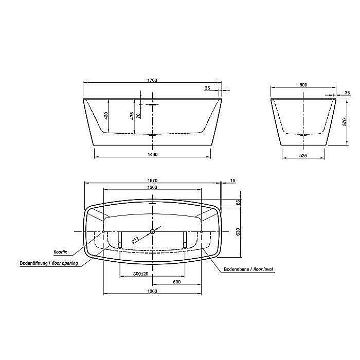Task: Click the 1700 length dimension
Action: [x=152, y=80]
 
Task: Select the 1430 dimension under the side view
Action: [x=152, y=155]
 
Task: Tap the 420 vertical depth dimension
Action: [x=106, y=116]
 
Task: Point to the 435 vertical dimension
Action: [x=132, y=115]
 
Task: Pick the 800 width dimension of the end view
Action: [x=303, y=85]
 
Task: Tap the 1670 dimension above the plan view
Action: [x=152, y=180]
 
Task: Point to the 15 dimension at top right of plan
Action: [x=233, y=180]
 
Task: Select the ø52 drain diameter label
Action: [x=135, y=238]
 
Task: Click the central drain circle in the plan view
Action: [x=152, y=232]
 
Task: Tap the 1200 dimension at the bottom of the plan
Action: [x=152, y=291]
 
